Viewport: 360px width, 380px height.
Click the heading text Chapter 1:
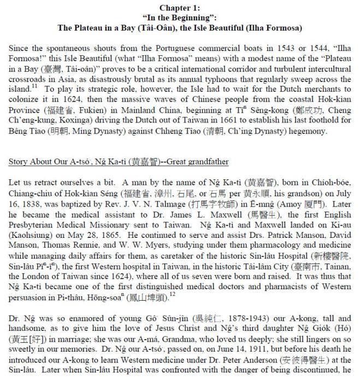[x=180, y=7]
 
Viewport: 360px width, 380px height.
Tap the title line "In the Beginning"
[x=180, y=16]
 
